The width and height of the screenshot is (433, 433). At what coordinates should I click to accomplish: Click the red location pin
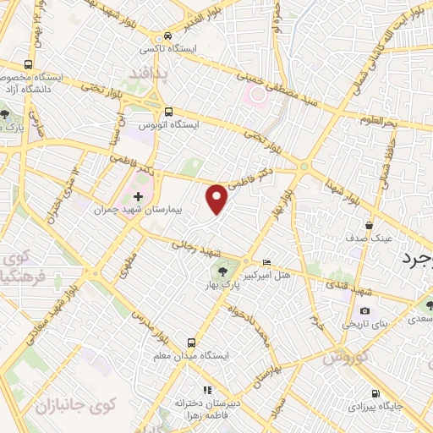tap(217, 199)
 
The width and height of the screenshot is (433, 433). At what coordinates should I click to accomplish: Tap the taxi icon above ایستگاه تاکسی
tap(169, 36)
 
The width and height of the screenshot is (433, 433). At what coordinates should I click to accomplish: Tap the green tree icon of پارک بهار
tap(222, 271)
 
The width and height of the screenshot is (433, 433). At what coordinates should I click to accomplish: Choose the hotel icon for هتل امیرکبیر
tap(267, 263)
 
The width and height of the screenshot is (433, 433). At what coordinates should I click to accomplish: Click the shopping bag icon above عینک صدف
tap(370, 226)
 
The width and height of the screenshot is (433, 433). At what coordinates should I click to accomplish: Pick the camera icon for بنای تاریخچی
tap(364, 311)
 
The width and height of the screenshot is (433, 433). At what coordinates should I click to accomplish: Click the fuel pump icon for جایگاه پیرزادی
tap(375, 393)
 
